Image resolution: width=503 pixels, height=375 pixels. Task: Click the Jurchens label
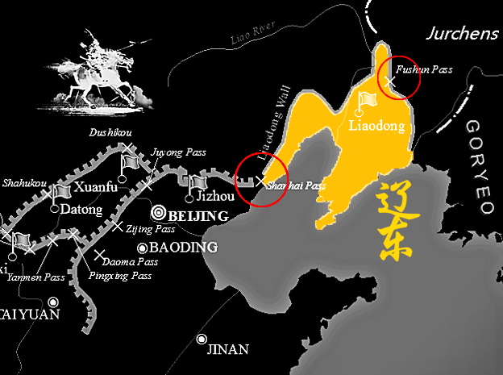(461, 33)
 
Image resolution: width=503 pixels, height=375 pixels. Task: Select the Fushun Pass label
(429, 70)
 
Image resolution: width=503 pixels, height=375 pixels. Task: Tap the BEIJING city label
(198, 216)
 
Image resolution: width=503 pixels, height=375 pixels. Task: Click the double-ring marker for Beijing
(159, 214)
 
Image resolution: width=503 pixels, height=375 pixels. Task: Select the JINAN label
(228, 349)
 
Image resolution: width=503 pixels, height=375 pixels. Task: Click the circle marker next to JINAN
(202, 340)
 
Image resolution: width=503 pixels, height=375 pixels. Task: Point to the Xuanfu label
(96, 188)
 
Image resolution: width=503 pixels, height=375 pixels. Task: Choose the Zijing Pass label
(146, 229)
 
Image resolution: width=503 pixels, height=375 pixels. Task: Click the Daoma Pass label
(131, 261)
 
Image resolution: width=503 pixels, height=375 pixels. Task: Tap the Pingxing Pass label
(120, 276)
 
